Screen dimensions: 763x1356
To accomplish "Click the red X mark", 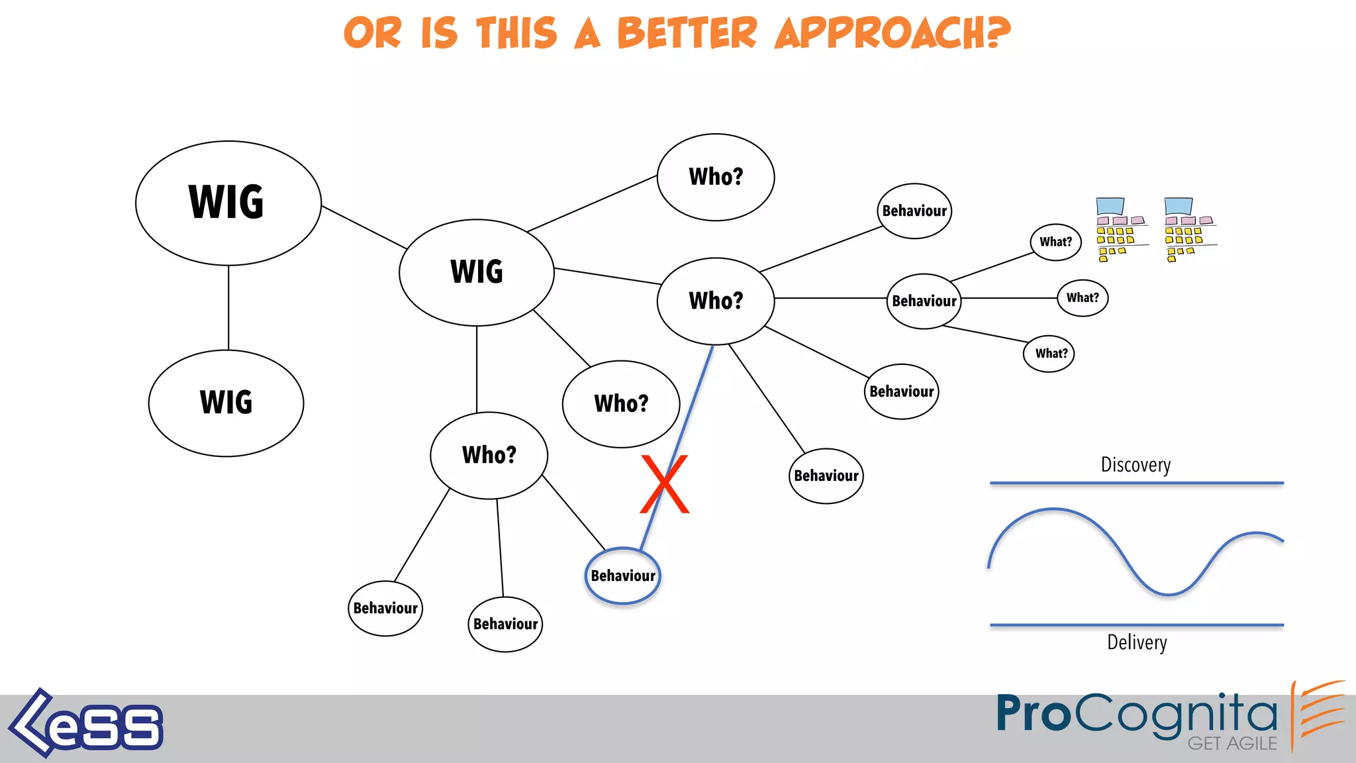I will click(x=665, y=484).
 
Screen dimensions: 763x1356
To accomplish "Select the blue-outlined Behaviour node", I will click(x=622, y=576).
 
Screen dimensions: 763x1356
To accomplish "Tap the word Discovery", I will click(x=1136, y=465).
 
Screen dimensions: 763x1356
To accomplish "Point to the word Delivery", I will click(x=1137, y=642).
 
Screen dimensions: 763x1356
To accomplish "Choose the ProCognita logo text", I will click(x=1136, y=714).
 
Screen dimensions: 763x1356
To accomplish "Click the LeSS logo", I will click(x=86, y=724).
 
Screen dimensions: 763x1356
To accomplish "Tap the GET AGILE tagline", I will click(x=1232, y=744).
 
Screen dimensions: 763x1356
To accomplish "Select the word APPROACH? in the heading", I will click(x=893, y=33).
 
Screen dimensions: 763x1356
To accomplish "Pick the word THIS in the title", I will click(x=516, y=33).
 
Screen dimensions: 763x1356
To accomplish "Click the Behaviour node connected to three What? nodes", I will click(x=924, y=301).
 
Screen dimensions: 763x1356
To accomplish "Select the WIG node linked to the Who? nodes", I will click(x=477, y=272).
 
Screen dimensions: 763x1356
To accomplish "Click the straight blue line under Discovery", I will click(x=1136, y=483).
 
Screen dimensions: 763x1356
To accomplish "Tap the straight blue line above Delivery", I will click(x=1136, y=625).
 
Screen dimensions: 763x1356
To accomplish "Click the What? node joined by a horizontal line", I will click(x=1083, y=298).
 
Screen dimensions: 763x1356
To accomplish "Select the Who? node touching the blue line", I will click(x=716, y=301).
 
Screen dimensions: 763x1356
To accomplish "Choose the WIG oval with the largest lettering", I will click(x=228, y=203).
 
